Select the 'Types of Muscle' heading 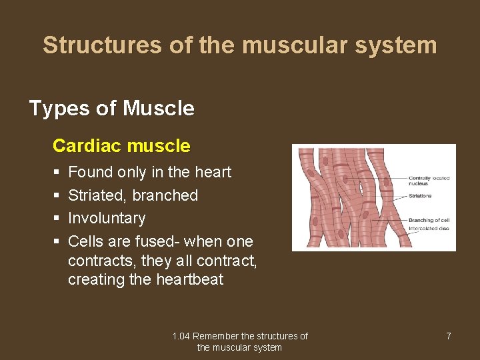pos(111,108)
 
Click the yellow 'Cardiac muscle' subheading pos(121,145)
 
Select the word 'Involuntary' pos(107,218)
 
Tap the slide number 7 pos(448,336)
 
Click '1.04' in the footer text pos(181,336)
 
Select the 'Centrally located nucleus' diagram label pos(429,181)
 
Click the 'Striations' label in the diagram pos(420,196)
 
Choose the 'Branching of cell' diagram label pos(429,220)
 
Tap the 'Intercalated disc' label pos(428,228)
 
